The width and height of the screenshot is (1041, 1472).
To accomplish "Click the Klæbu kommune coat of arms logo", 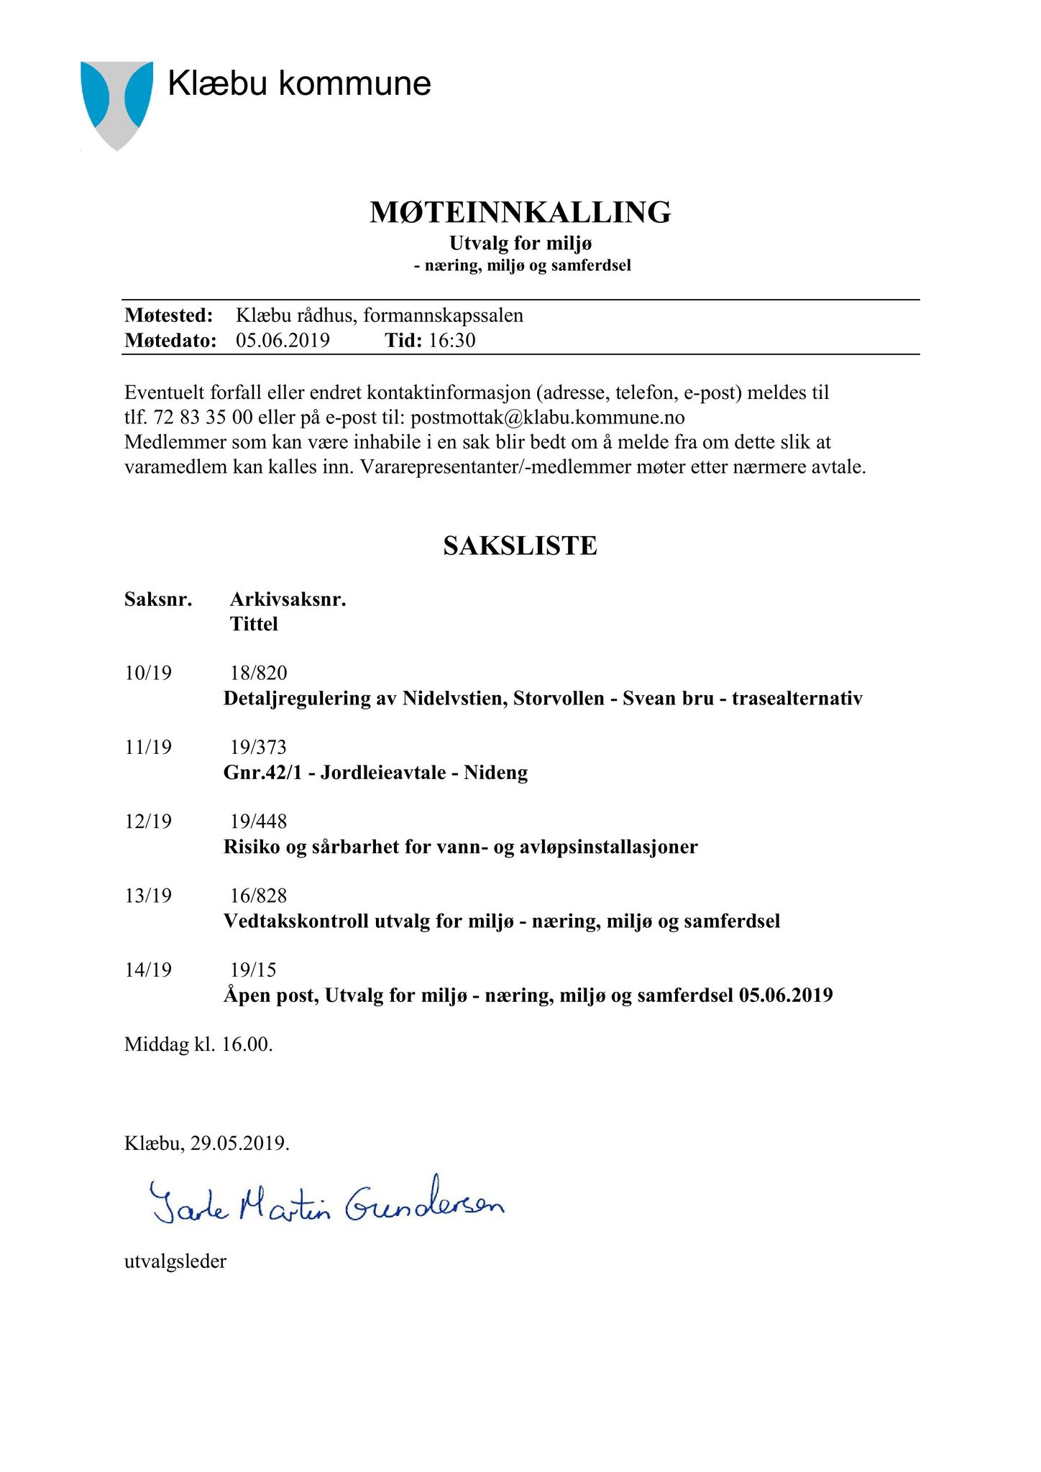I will (x=116, y=104).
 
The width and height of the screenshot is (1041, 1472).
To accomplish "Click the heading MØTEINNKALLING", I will (x=520, y=213).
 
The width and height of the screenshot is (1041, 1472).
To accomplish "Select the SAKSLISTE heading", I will (x=520, y=546).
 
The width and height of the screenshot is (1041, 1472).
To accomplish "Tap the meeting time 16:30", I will (x=452, y=340).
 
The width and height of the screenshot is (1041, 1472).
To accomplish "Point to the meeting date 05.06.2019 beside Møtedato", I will (x=283, y=340).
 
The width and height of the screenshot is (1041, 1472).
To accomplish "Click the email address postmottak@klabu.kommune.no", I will (x=547, y=418).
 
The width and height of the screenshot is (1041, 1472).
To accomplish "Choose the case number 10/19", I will (x=148, y=673).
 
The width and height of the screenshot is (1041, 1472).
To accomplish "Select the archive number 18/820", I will (x=258, y=673).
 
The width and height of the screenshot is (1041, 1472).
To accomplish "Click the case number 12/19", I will (x=148, y=822).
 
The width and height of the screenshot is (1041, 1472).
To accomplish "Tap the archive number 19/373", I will (x=258, y=747).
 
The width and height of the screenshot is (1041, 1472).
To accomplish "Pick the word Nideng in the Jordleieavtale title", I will (x=495, y=773).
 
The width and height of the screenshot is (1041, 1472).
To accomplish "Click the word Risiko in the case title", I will (x=252, y=847).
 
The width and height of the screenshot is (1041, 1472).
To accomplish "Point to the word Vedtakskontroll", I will (x=295, y=921).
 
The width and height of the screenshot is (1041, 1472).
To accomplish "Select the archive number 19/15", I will (x=253, y=970).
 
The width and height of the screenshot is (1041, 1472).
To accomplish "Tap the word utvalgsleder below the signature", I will (x=175, y=1261).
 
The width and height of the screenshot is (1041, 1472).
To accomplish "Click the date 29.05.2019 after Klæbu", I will (x=239, y=1144).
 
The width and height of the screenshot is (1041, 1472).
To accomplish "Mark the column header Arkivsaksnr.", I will (x=288, y=599).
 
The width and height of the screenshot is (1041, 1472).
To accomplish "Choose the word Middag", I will (x=156, y=1044).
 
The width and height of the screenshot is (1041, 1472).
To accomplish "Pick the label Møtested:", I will (x=169, y=316).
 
